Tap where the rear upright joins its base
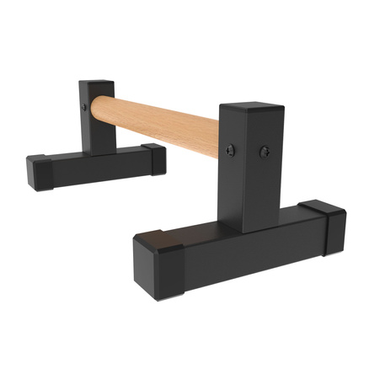tap(97, 152)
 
